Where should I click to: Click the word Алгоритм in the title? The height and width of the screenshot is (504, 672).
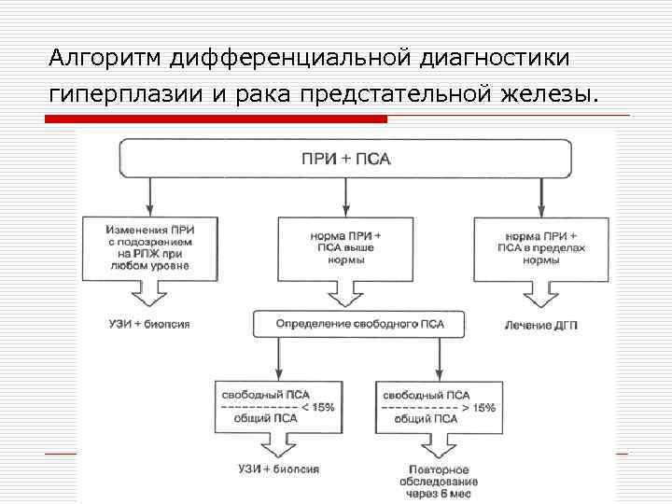[x=106, y=59]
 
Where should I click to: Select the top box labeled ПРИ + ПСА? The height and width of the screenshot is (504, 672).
[x=345, y=159]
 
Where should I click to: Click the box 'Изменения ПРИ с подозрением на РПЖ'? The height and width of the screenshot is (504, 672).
[x=149, y=246]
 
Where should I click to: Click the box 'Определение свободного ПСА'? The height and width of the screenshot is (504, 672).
[x=359, y=324]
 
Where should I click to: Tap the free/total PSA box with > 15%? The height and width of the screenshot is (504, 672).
[x=439, y=407]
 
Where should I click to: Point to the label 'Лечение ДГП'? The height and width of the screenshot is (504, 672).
[x=541, y=324]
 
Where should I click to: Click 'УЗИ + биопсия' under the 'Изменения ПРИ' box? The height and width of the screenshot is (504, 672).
[x=149, y=324]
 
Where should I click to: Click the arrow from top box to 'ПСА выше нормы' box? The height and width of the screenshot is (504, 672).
[x=345, y=196]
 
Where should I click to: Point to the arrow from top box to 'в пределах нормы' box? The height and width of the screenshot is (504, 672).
[x=542, y=196]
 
